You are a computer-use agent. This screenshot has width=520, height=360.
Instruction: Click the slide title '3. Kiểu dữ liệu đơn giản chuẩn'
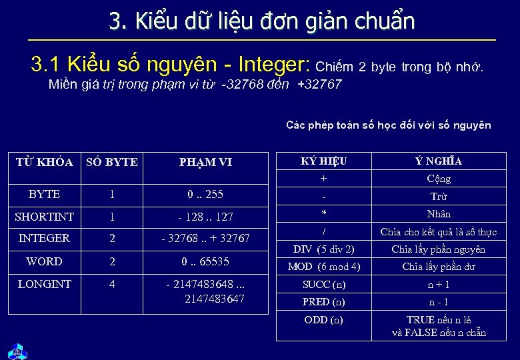point(262,21)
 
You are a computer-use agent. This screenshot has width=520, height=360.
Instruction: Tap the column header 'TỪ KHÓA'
point(44,162)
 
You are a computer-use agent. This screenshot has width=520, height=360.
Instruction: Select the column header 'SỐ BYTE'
point(111,162)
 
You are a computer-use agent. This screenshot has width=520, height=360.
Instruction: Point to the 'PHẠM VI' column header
point(205,162)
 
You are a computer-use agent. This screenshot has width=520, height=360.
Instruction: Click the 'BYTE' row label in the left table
point(44,194)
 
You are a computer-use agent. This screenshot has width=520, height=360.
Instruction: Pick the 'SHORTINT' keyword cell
point(44,217)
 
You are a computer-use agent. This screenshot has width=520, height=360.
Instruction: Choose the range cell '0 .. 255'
point(205,194)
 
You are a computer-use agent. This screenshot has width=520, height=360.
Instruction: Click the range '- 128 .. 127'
point(205,217)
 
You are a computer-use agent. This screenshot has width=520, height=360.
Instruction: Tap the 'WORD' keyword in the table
point(44,261)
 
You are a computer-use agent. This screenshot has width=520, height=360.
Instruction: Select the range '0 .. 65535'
point(205,261)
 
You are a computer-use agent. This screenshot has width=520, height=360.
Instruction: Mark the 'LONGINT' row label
point(44,284)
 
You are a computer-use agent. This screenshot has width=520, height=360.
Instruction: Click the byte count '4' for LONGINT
point(111,284)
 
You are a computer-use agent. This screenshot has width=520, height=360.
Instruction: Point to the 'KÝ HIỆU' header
point(324,161)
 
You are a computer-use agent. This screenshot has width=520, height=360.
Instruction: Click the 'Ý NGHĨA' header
point(438,161)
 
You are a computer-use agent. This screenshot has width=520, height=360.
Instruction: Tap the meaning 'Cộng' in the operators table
point(438,179)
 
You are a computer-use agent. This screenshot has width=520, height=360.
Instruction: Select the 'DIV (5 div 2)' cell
point(324,249)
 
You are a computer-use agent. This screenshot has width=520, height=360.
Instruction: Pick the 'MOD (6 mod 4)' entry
point(324,267)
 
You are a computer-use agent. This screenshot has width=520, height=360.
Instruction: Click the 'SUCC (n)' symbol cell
point(324,284)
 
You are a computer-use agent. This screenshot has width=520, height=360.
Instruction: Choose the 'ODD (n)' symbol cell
point(324,319)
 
